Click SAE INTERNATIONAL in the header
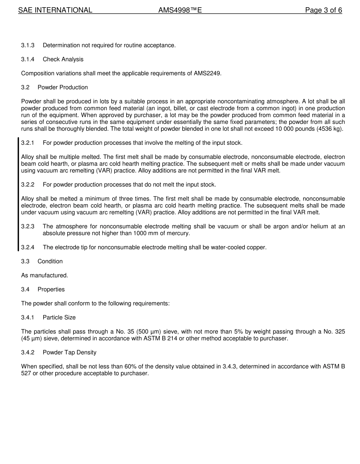(x=55, y=10)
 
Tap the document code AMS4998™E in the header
(x=180, y=10)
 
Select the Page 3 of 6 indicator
(x=323, y=10)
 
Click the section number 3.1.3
(x=28, y=45)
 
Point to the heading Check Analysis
(x=63, y=60)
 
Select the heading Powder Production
(x=63, y=88)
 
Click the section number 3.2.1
(x=28, y=143)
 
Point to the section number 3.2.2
(x=28, y=185)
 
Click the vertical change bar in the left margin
(x=18, y=194)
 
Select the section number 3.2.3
(x=28, y=227)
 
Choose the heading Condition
(x=50, y=262)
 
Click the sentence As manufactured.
(x=44, y=276)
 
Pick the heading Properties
(x=51, y=290)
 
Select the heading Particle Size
(x=59, y=318)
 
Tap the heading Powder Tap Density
(x=69, y=353)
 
